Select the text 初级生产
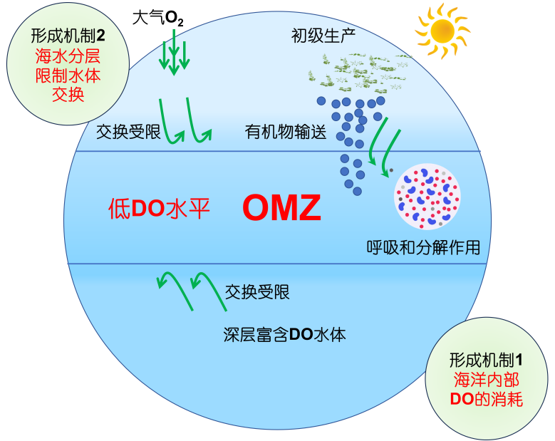[x=323, y=35]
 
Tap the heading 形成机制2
[x=68, y=35]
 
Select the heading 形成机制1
[x=487, y=359]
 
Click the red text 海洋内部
[x=487, y=379]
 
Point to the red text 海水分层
[x=68, y=55]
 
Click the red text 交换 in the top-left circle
[x=68, y=94]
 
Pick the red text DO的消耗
[x=487, y=399]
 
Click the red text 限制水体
[x=68, y=75]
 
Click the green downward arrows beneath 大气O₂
[x=175, y=55]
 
